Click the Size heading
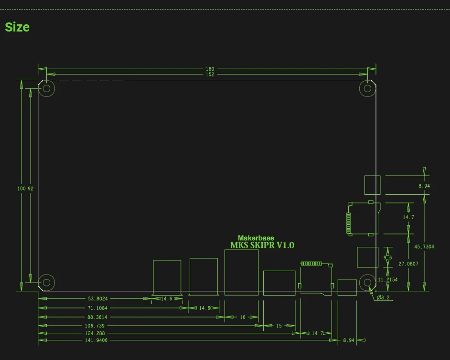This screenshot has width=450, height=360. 17,27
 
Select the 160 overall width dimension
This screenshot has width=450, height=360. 210,69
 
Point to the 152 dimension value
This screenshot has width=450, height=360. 210,74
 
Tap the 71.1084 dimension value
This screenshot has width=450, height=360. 98,308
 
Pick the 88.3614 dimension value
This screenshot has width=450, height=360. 98,317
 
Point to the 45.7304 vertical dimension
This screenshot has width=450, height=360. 424,247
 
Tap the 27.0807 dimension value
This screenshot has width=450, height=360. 408,264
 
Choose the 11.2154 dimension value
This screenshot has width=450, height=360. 387,280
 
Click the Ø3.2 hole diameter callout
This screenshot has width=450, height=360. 383,298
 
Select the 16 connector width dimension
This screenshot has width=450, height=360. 243,317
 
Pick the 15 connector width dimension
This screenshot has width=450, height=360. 279,326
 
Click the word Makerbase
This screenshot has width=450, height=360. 256,238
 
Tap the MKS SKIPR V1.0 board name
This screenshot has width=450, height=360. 262,245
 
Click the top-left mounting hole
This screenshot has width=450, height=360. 47,88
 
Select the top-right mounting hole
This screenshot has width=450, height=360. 367,88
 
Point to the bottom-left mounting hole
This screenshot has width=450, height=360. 47,282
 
